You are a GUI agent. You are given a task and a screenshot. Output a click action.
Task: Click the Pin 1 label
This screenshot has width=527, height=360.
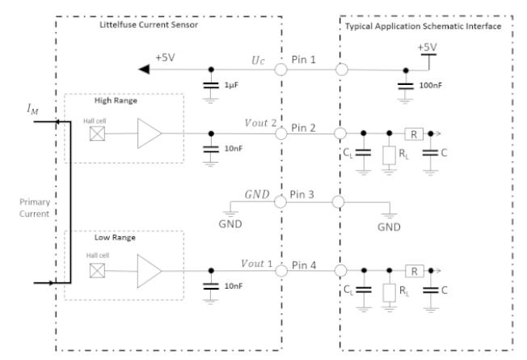pos(303,60)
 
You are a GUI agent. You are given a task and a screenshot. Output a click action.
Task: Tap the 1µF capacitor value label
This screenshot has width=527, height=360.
pos(231,85)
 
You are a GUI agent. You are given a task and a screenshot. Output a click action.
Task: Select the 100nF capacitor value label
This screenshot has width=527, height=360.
pos(431,85)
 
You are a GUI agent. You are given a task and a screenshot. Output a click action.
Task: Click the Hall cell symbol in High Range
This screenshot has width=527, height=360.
pos(97,133)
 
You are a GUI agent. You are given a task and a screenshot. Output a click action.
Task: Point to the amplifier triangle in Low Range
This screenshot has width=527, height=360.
pos(150,271)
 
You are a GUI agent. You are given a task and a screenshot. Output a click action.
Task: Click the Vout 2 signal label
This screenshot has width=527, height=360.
pos(260,123)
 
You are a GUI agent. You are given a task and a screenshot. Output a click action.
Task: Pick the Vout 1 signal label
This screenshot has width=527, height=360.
pos(257,264)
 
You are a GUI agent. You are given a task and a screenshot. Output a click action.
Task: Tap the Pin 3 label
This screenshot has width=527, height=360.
pos(301,194)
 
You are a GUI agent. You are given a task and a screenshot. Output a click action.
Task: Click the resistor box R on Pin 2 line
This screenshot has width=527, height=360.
pos(414,134)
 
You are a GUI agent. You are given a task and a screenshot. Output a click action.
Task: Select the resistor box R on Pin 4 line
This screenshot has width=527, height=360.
pos(414,271)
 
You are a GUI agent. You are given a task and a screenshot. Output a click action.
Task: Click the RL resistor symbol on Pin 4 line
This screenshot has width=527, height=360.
pos(390,293)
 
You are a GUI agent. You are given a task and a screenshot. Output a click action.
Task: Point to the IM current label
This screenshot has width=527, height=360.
pos(32,109)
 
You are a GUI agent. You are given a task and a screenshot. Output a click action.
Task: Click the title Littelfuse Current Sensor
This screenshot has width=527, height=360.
pos(149,24)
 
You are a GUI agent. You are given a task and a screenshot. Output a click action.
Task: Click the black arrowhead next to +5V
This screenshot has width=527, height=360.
pos(144,70)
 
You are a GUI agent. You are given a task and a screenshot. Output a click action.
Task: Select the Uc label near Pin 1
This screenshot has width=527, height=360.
pos(258,60)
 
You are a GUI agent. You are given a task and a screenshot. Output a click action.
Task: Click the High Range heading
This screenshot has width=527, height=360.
pos(116,100)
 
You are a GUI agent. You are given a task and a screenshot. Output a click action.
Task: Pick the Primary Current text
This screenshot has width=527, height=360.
pos(34,208)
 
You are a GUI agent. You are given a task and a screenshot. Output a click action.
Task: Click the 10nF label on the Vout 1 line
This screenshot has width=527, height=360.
pos(234,286)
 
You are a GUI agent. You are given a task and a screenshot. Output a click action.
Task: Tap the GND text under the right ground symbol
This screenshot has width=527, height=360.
pos(389,227)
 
